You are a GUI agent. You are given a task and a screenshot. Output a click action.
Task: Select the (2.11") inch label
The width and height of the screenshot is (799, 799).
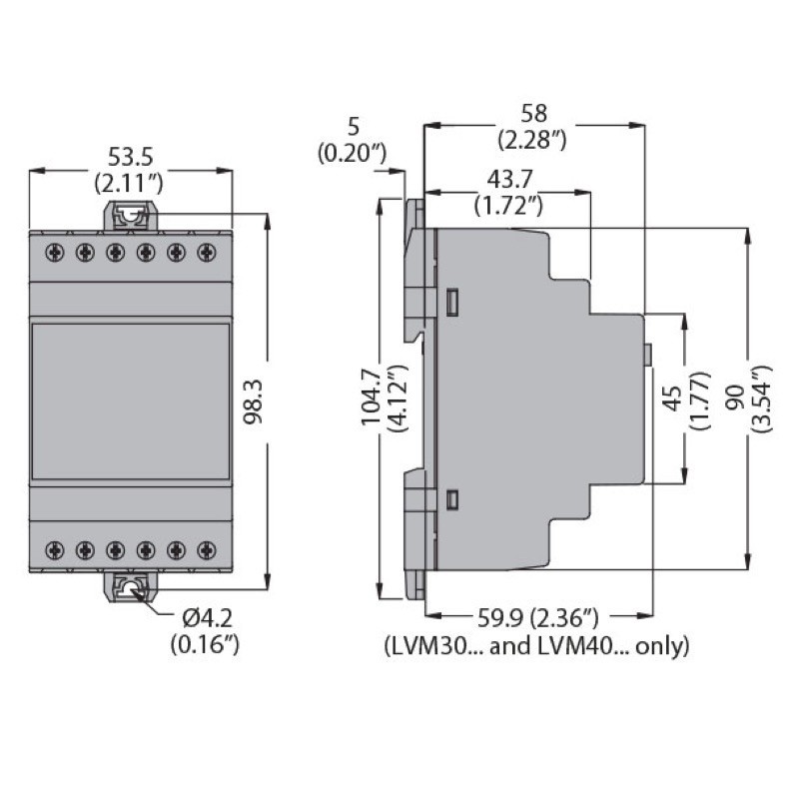tap(131, 183)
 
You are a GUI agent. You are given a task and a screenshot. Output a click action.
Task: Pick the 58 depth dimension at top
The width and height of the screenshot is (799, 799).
tap(533, 113)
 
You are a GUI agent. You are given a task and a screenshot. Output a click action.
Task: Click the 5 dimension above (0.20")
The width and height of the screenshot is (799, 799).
tap(352, 127)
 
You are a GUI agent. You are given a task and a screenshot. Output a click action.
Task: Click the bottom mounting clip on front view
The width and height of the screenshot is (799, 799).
tap(131, 589)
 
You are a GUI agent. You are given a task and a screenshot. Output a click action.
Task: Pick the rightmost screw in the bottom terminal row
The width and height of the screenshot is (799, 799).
tap(207, 548)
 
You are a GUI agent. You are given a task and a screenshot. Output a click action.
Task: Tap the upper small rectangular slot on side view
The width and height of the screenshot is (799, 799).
tap(452, 300)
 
